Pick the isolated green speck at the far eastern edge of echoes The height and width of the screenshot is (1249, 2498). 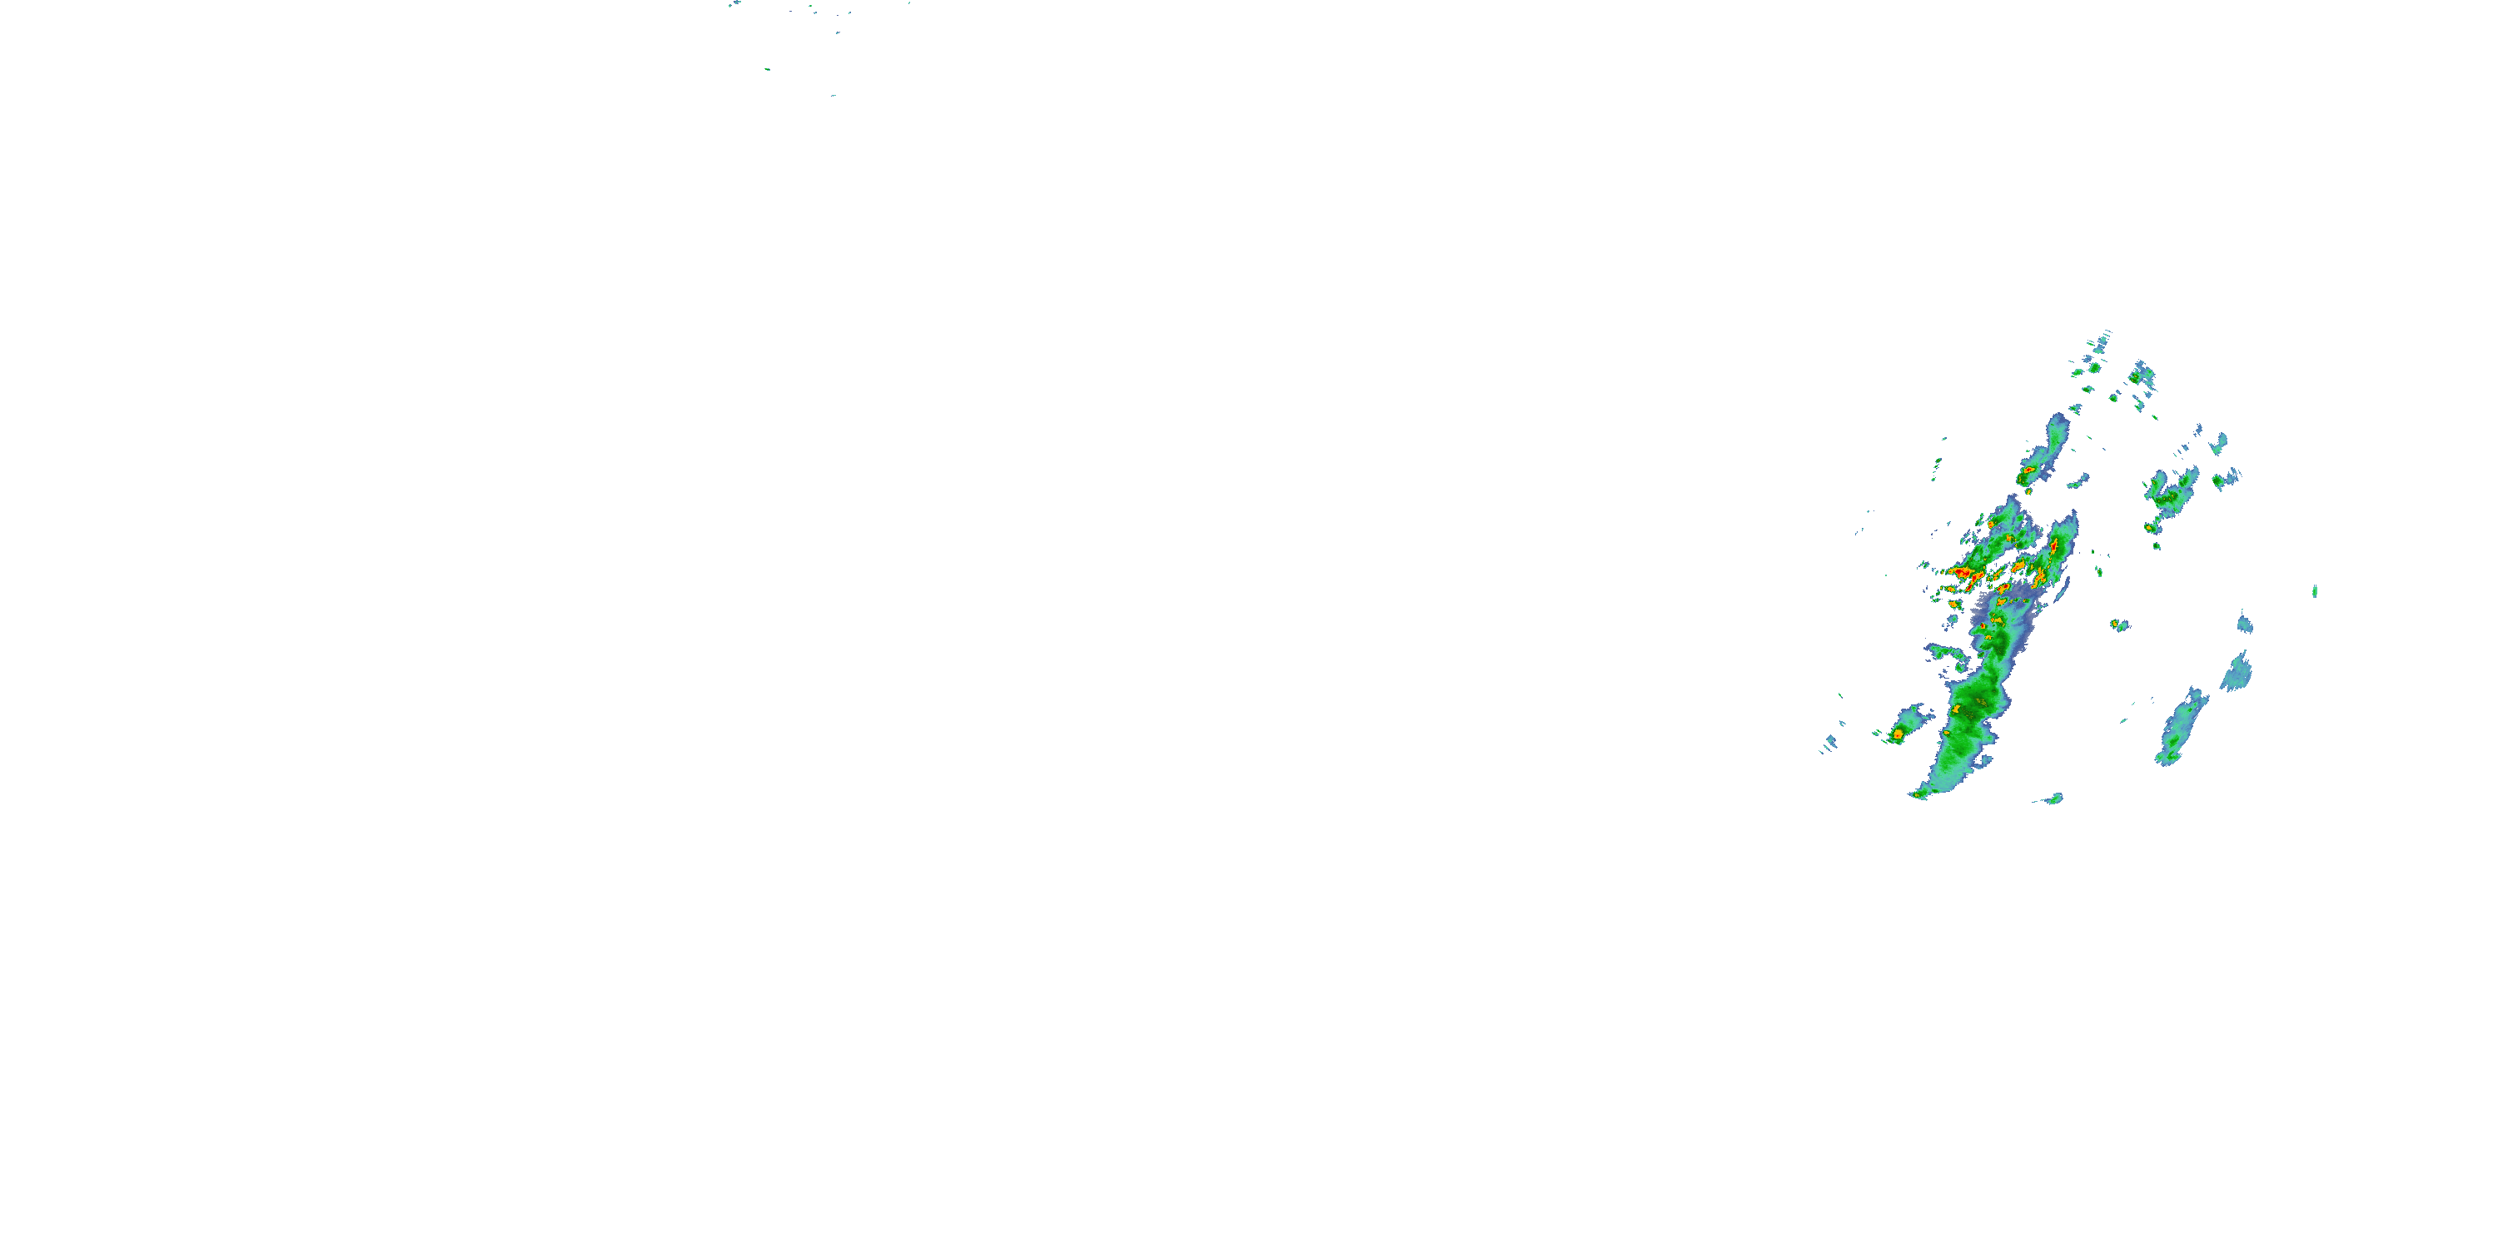(2315, 590)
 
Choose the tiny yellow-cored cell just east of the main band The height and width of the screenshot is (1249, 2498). (2119, 624)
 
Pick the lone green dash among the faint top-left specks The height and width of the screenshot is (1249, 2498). (766, 69)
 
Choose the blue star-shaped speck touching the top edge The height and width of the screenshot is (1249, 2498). (735, 4)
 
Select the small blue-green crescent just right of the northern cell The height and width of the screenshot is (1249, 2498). (2078, 479)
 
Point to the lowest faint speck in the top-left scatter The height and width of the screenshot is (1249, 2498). (833, 95)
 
